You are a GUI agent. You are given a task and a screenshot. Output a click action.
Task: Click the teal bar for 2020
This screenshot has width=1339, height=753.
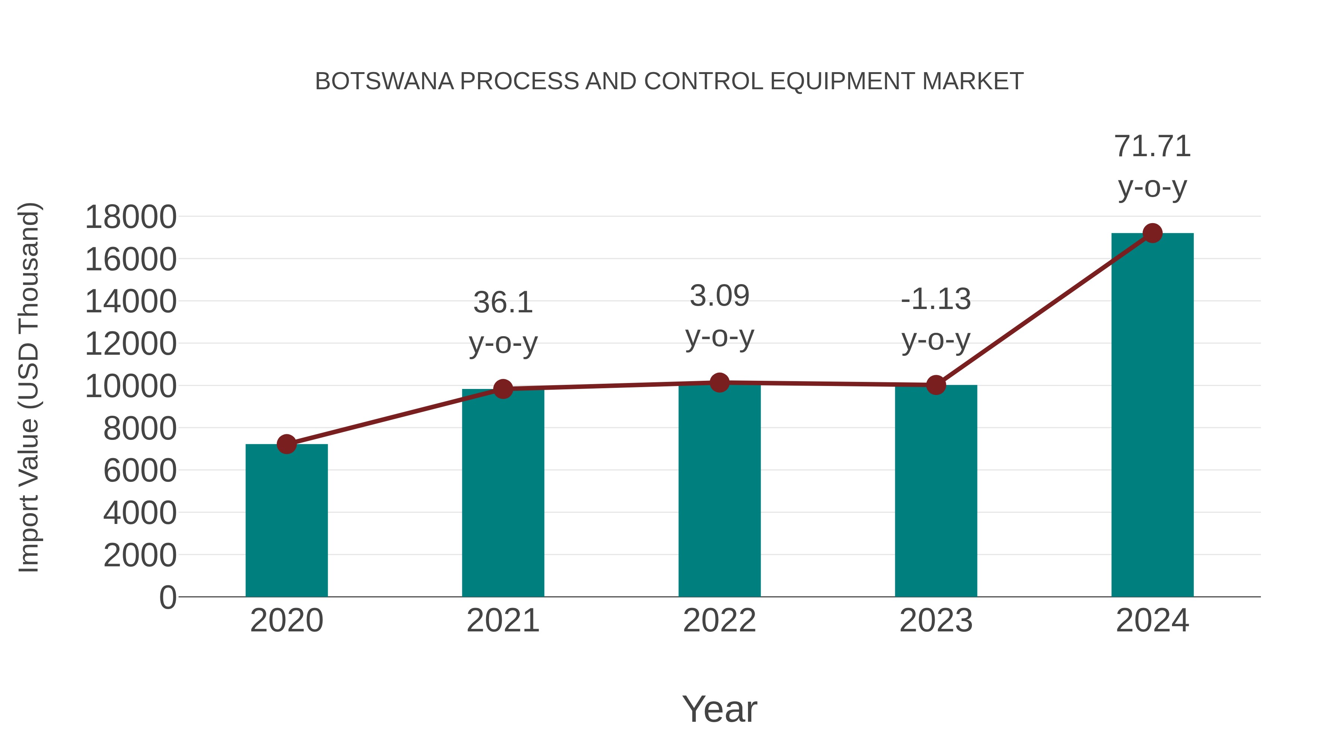coord(286,520)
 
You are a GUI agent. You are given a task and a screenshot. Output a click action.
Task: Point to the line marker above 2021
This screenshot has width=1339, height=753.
coord(502,389)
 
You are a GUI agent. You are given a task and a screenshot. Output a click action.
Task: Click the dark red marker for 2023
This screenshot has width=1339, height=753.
coord(936,385)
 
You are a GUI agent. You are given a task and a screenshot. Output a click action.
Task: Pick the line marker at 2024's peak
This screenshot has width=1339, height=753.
coord(1152,233)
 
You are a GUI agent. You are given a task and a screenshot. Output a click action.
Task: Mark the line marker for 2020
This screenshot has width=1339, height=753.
coord(286,444)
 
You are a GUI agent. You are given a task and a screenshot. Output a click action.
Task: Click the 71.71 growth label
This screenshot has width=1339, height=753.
coord(1152,146)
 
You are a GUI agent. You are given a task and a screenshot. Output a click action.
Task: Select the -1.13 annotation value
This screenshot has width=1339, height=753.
coord(936,299)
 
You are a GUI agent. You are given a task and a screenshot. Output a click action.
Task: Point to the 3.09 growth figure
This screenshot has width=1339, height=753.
coord(719,296)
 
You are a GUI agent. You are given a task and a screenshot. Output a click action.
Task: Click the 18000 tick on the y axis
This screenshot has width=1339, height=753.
coord(131,217)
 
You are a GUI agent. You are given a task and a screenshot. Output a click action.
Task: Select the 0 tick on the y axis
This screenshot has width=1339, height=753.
coord(168,597)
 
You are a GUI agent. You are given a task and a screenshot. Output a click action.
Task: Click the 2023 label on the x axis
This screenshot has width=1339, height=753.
coord(936,621)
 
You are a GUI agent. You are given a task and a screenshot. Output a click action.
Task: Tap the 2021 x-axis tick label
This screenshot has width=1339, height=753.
coord(502,621)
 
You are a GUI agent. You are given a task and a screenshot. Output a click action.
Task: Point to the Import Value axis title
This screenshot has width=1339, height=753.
coord(29,387)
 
